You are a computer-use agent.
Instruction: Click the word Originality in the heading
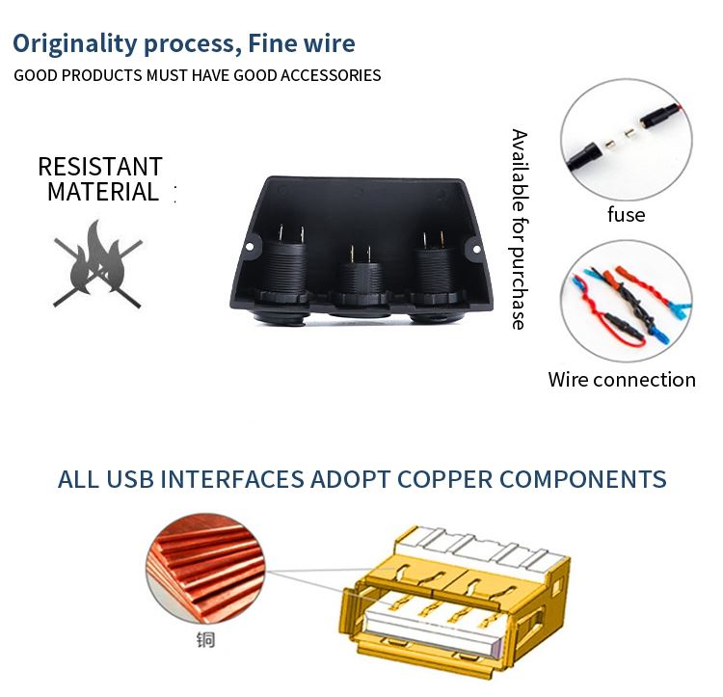click(74, 44)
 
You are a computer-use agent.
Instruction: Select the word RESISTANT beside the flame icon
click(100, 167)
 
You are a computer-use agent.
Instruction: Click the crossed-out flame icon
click(97, 264)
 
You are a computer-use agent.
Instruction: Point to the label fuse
click(627, 214)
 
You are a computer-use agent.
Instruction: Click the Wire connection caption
click(622, 380)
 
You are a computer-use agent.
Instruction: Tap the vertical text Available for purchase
click(520, 229)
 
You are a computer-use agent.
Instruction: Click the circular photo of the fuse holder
click(627, 139)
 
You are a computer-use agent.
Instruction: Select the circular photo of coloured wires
click(627, 300)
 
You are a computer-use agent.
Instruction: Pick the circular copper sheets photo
click(205, 569)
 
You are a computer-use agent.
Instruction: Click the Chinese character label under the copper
click(205, 640)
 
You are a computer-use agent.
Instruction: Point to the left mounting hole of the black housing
click(250, 247)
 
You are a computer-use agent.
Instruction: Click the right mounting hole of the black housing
click(476, 250)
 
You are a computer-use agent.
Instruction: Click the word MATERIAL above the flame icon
click(103, 192)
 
